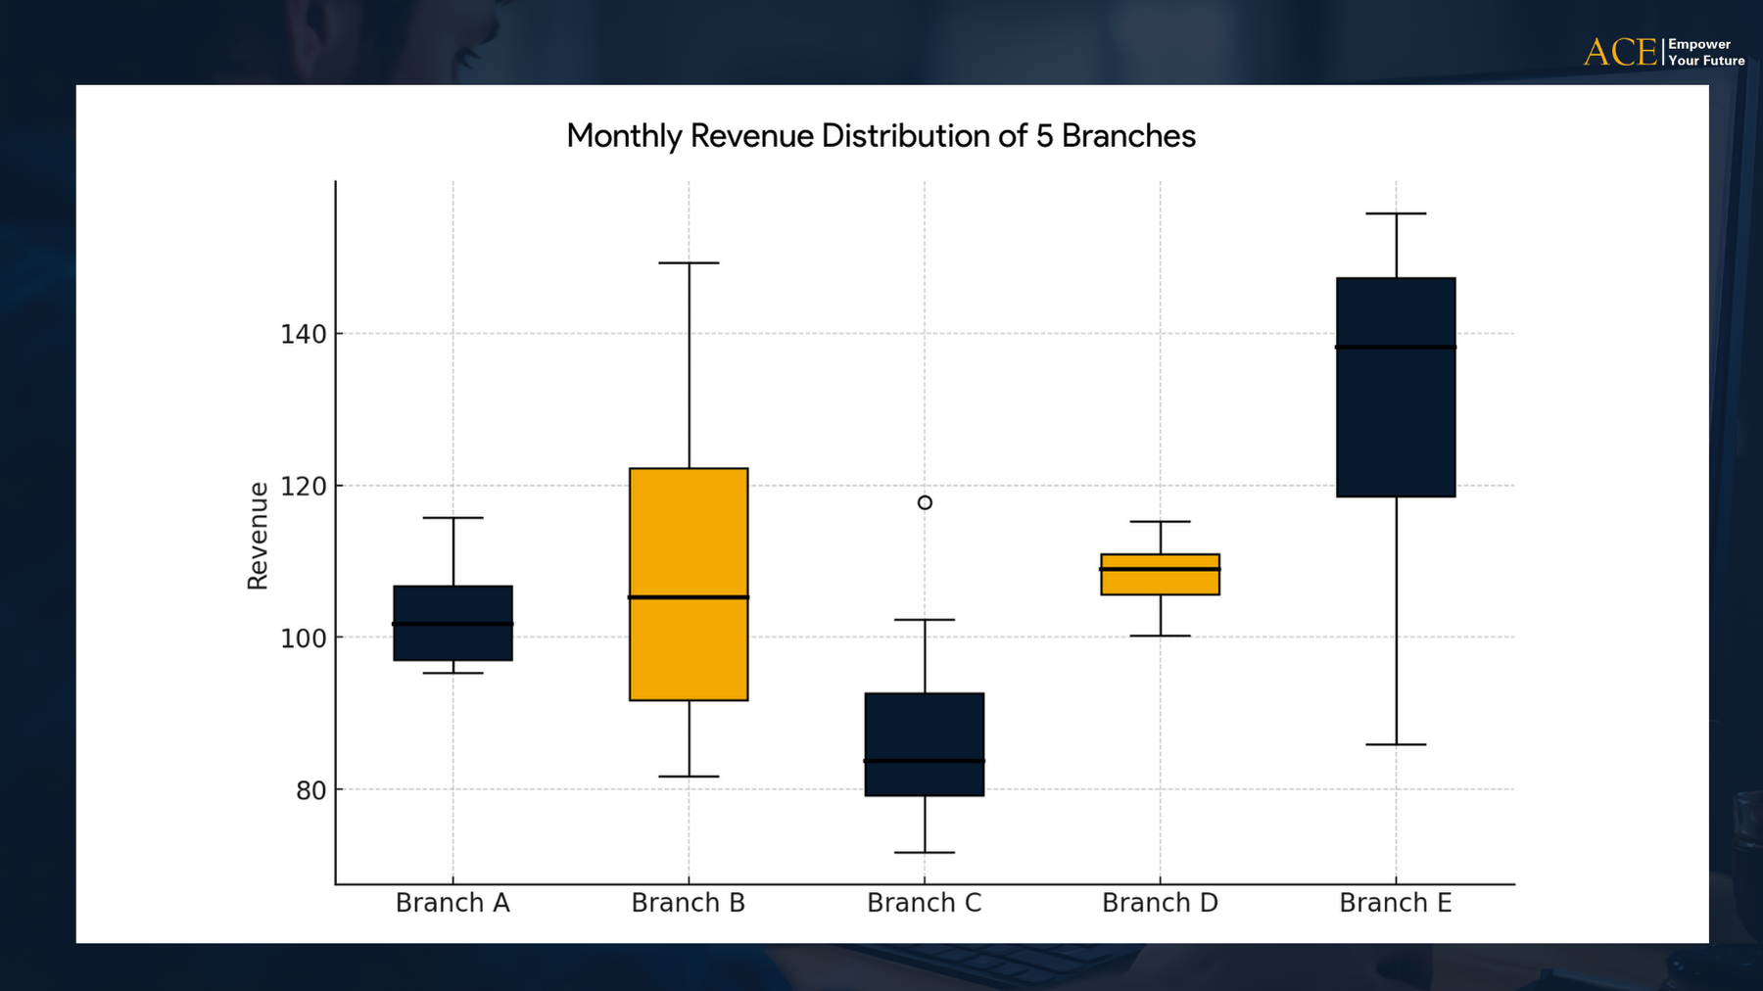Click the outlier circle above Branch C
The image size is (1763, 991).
click(925, 502)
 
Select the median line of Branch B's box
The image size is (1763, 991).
click(689, 597)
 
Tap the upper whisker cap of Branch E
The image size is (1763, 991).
click(1396, 213)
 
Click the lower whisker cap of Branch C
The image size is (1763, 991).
click(925, 853)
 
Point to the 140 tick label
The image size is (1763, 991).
click(303, 335)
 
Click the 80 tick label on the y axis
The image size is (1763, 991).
click(310, 790)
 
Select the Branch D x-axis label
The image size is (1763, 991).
click(1160, 903)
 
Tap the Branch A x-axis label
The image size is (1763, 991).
click(453, 903)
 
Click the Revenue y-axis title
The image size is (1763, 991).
click(258, 536)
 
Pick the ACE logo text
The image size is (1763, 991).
click(1620, 53)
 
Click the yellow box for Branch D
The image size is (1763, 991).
click(1160, 582)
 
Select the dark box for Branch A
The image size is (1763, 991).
click(453, 641)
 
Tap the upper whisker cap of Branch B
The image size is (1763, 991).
click(689, 263)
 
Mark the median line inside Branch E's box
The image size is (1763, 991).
click(1396, 347)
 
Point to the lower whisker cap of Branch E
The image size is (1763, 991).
click(1396, 745)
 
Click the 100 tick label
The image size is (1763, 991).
click(303, 638)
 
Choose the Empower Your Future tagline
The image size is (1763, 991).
click(1705, 53)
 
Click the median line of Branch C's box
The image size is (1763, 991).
click(925, 761)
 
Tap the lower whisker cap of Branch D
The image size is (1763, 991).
click(1160, 637)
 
